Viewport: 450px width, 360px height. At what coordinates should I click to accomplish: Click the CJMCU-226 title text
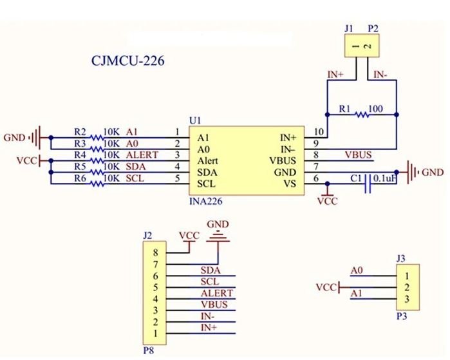tap(128, 62)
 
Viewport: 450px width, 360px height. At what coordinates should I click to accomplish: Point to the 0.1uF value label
tap(385, 177)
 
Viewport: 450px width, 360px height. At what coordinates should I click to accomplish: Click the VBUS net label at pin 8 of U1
tap(358, 155)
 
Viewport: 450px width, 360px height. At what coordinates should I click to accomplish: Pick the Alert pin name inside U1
tap(209, 161)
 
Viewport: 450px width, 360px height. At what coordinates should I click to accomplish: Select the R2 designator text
tap(80, 131)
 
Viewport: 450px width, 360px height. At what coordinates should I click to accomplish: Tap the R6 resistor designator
tap(80, 177)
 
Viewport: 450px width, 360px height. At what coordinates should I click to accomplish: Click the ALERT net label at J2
tap(217, 293)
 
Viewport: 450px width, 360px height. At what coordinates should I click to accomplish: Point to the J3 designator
tap(400, 258)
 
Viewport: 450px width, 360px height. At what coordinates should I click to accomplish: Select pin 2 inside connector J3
tap(407, 287)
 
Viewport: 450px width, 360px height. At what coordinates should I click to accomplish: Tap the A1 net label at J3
tap(357, 294)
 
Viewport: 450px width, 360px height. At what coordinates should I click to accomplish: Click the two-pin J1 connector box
tap(361, 47)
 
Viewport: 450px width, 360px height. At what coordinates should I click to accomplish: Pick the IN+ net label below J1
tap(335, 75)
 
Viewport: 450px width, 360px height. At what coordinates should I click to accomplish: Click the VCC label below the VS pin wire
tap(327, 201)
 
